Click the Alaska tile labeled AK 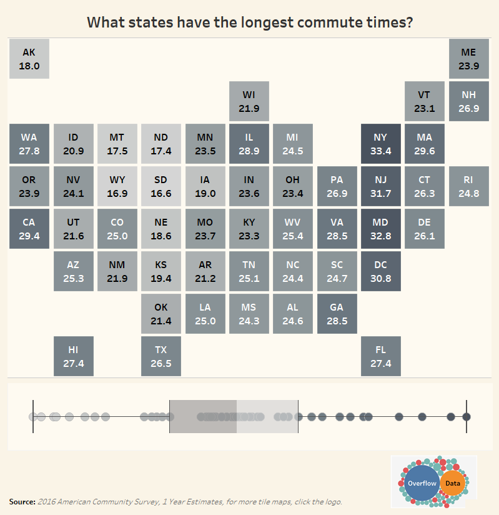click(29, 59)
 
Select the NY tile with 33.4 click(380, 144)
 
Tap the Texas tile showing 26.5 click(161, 356)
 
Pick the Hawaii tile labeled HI click(73, 356)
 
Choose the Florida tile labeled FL click(380, 356)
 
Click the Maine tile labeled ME click(468, 59)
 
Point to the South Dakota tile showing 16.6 click(161, 186)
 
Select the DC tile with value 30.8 click(380, 271)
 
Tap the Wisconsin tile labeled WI click(249, 101)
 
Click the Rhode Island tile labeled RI click(468, 186)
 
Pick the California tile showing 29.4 click(29, 229)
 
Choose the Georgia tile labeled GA click(337, 314)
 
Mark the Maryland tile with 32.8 click(380, 229)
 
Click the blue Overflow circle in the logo click(422, 483)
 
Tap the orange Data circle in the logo click(452, 483)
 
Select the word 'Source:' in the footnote click(22, 502)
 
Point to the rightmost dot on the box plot click(466, 417)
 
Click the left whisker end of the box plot click(33, 417)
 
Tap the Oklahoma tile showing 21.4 click(161, 314)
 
